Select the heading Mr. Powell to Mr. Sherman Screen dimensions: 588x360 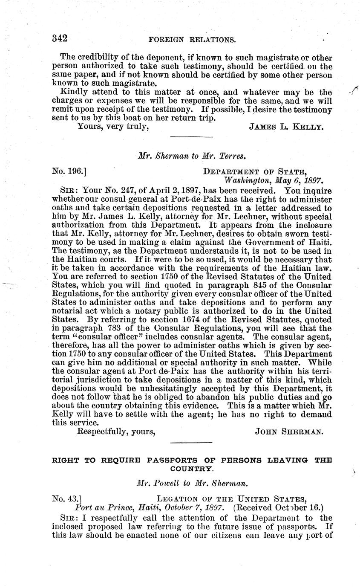[x=190, y=484]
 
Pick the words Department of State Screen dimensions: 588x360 [x=254, y=172]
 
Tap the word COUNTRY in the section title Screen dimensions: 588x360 [x=190, y=469]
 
